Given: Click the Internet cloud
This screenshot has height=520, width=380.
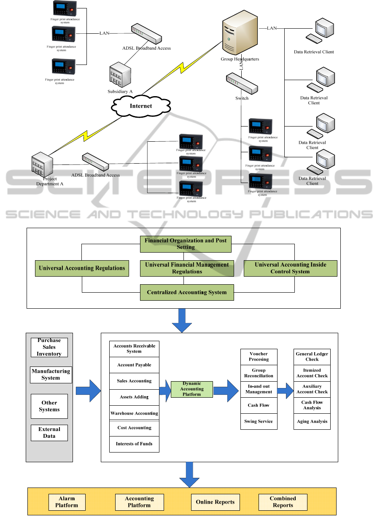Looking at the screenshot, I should (x=140, y=106).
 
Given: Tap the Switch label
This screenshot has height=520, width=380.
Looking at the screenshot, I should (x=242, y=98).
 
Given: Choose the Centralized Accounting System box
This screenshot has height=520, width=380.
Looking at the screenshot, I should (x=187, y=292).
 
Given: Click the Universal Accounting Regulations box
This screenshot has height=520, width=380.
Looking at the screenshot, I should (x=82, y=268).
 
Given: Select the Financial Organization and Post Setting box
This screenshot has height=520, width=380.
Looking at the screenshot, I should (x=186, y=244).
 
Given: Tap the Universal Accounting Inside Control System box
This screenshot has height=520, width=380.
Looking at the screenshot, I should (x=290, y=268).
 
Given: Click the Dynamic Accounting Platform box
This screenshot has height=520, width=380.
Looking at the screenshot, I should (x=192, y=389).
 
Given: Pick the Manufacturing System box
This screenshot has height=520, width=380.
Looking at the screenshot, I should (x=51, y=375).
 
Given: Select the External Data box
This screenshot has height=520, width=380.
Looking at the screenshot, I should (x=49, y=433).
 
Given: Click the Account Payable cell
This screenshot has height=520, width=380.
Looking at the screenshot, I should (x=134, y=365).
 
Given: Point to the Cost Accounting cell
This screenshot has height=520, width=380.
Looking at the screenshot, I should (x=134, y=428).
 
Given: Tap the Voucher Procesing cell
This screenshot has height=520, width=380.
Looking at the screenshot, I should (x=259, y=356).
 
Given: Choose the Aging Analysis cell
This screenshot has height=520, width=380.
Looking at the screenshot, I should (x=312, y=421).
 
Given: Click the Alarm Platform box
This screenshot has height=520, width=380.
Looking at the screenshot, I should (x=67, y=502).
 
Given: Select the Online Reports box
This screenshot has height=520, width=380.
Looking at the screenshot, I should (x=215, y=502).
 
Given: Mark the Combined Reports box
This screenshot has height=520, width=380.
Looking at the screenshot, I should (x=283, y=502).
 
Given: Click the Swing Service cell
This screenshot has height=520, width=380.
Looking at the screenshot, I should (x=259, y=421).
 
